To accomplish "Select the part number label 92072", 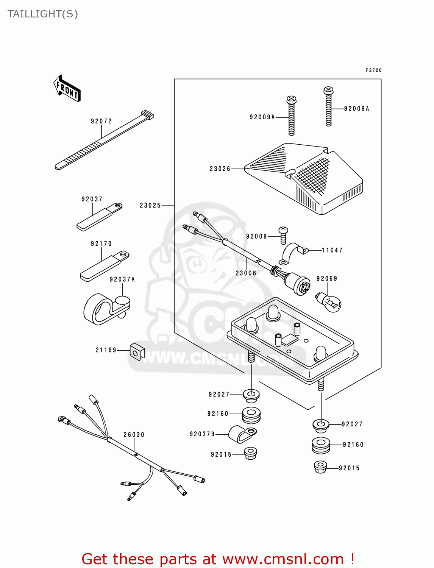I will pos(101,121).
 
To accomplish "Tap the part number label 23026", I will pos(220,169).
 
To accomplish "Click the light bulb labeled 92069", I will pos(329,302).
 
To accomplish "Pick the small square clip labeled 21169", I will pos(137,351).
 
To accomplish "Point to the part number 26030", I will pos(134,435).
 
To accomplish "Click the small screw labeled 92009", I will pos(283,235).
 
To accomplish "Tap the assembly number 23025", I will pos(150,206).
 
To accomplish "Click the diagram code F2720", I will pos(373,70).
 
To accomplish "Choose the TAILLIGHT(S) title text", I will pos(43,14).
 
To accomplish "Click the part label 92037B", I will pos(202,434).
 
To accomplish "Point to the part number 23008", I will pos(246,273).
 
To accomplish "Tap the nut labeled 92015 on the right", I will pos(320,467).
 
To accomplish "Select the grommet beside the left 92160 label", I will pos(251,415).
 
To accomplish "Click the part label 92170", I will pos(101,244).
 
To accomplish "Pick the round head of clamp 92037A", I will pos(122,301).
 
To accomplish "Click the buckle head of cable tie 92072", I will pos(147,114).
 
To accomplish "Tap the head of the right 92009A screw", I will pos(328,91).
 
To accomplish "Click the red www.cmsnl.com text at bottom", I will pos(283,559).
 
